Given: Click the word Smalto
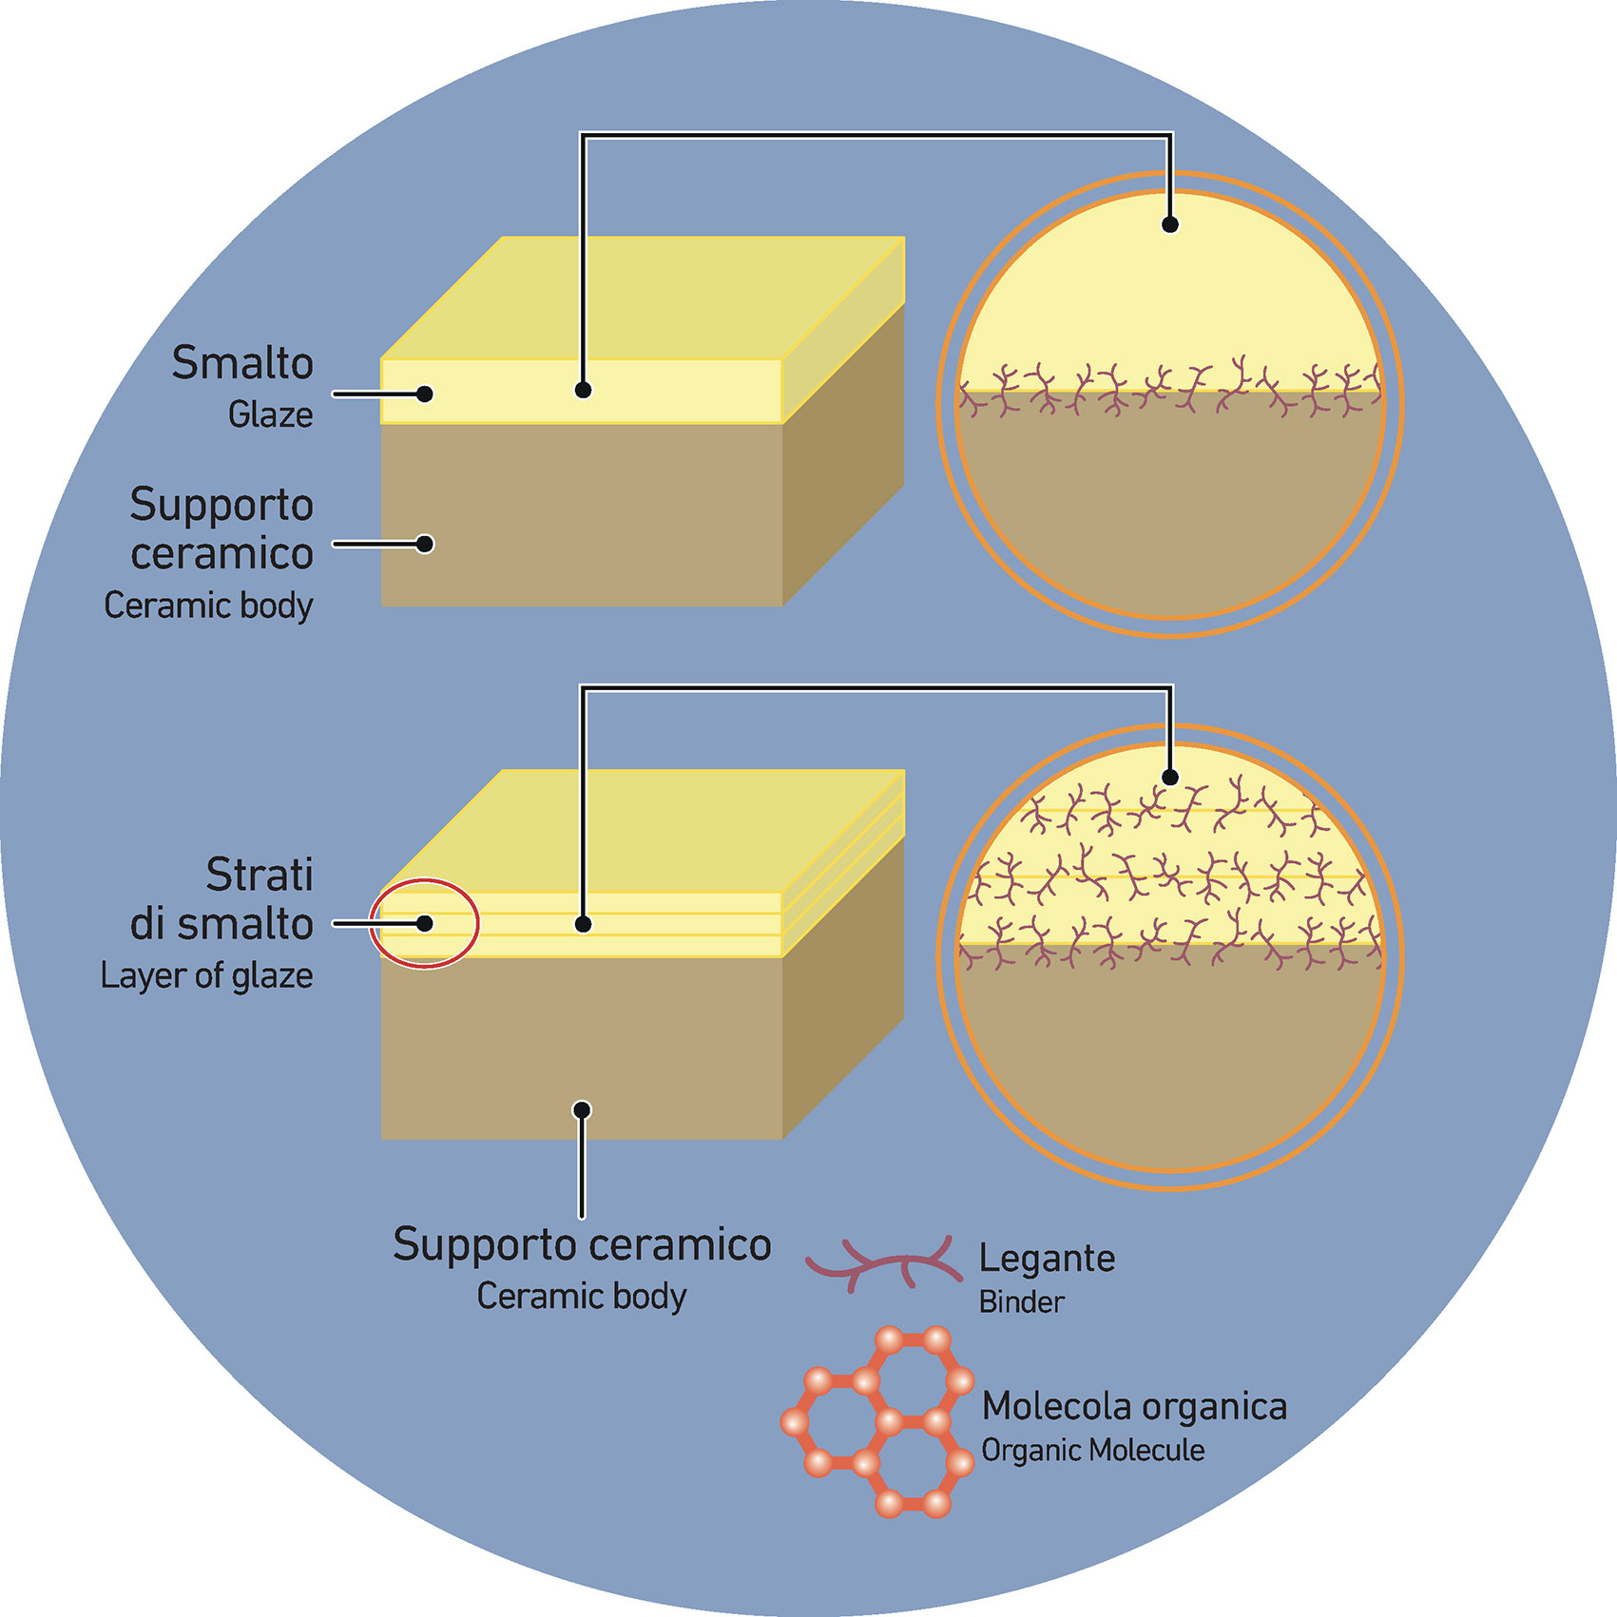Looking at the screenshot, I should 242,363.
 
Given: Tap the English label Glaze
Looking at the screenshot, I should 270,414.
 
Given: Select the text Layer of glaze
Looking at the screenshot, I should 206,975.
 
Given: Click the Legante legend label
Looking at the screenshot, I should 1047,1258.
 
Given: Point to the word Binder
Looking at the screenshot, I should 1021,1301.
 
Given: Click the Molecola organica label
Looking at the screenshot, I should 1134,1406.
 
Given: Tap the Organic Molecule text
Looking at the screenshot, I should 1092,1451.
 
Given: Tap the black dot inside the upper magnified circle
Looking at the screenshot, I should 1170,224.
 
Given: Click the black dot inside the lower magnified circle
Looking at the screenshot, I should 1170,778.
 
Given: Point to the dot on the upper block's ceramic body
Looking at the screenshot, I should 425,544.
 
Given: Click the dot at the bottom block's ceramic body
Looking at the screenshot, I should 583,1109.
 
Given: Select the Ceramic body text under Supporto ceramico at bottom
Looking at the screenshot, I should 581,1296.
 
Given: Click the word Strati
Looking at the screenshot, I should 260,875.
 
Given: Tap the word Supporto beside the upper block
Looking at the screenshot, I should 221,504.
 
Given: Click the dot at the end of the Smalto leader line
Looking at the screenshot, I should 425,394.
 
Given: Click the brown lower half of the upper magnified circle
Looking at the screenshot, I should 1170,513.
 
